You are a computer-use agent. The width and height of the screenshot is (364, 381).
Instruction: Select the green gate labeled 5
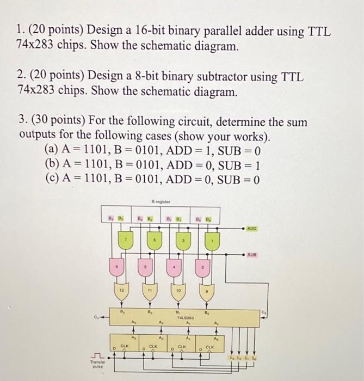(155, 241)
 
